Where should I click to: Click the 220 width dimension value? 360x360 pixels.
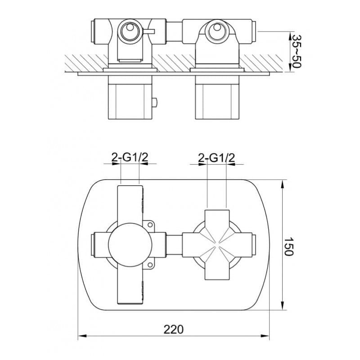click(174, 329)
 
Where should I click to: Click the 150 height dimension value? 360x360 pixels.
click(288, 246)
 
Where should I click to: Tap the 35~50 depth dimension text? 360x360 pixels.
click(296, 51)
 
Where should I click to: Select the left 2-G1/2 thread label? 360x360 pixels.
click(130, 157)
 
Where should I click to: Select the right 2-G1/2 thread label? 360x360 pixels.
click(216, 158)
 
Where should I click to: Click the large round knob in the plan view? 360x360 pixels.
click(130, 245)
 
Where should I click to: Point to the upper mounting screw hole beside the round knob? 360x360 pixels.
click(150, 225)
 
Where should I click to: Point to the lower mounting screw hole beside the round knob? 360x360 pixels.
click(150, 265)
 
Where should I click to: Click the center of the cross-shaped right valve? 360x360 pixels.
click(217, 245)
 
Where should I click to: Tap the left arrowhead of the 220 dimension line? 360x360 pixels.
click(82, 336)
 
